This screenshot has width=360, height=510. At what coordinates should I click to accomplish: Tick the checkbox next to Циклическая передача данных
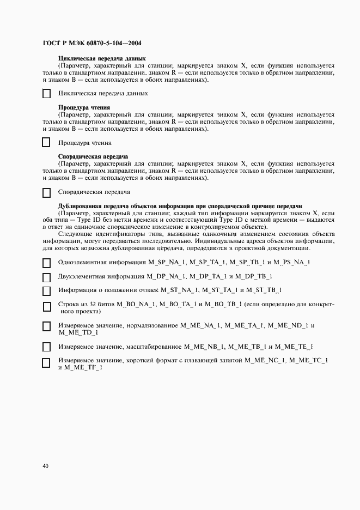coord(46,94)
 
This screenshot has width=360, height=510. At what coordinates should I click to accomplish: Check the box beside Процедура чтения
coord(46,143)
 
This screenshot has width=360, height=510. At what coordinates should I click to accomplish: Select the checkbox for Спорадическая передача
coord(46,192)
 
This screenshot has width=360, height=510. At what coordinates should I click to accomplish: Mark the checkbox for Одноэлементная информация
coord(46,263)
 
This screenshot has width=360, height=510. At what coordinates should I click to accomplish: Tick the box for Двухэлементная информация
coord(46,277)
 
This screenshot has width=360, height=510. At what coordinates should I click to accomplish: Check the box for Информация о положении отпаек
coord(46,291)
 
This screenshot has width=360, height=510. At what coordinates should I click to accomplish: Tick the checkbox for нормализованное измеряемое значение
coord(46,326)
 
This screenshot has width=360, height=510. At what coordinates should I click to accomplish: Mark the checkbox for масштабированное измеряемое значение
coord(46,347)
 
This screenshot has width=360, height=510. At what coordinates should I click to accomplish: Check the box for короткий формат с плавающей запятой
coord(46,362)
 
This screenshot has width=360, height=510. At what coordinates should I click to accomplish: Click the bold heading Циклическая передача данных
coord(102,58)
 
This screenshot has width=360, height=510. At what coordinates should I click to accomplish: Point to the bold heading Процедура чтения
coord(84,107)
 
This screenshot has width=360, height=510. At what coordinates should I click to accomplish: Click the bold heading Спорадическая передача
coord(93,157)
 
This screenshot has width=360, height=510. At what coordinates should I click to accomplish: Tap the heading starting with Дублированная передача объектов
coord(180,206)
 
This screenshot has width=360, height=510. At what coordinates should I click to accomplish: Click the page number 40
coord(45,466)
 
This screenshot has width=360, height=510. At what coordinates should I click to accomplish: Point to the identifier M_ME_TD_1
coord(78,332)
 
